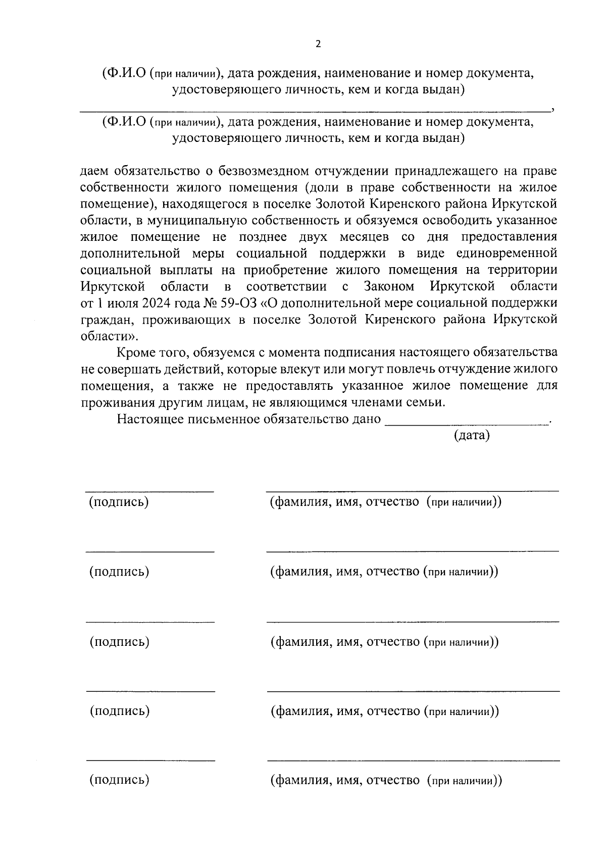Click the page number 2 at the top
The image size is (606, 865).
[x=318, y=44]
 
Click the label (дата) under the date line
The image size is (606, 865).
[x=472, y=435]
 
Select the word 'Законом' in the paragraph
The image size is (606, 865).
[x=389, y=286]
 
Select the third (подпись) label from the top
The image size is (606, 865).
[x=119, y=642]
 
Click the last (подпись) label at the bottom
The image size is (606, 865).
[x=119, y=780]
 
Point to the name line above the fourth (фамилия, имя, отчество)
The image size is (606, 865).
[x=413, y=691]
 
